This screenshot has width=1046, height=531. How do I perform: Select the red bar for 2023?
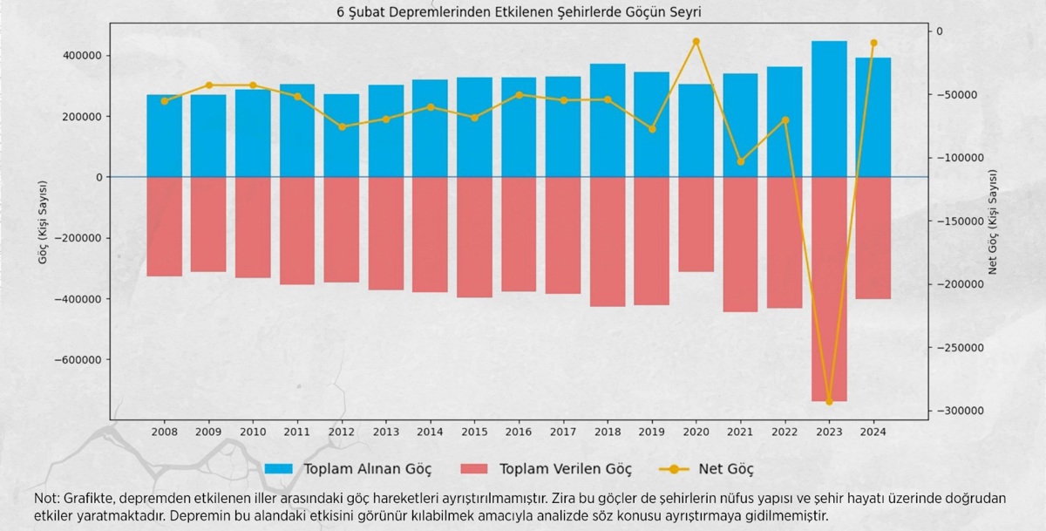829,289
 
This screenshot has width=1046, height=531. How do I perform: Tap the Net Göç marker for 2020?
696,41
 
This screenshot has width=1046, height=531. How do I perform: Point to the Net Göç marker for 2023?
829,402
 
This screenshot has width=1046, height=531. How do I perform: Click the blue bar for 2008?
164,136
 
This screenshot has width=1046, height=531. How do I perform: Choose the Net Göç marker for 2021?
740,161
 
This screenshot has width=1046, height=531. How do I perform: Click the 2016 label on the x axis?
519,432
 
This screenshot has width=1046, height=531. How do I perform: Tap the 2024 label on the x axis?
873,432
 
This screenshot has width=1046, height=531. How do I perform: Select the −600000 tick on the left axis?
79,360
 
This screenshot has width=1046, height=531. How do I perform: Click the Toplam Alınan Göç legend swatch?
278,469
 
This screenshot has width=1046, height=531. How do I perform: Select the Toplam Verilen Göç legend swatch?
474,469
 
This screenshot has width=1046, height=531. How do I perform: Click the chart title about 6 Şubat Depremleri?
519,13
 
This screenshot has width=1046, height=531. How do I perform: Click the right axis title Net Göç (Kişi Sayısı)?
992,222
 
